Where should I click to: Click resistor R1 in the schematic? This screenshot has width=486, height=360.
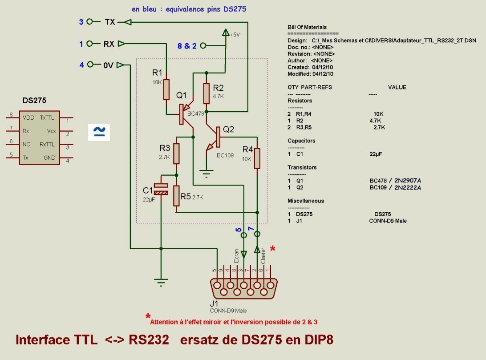tap(166, 89)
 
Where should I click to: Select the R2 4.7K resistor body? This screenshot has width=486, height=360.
tap(207, 93)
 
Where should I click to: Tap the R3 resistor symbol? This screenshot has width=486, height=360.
tap(176, 154)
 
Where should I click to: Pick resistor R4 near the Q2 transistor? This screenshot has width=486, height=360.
tap(257, 158)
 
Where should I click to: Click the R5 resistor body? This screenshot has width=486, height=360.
tap(176, 196)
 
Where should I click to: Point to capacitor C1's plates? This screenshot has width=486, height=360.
tap(161, 189)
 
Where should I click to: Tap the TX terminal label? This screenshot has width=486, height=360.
tap(110, 22)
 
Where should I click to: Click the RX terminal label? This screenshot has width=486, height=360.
tap(109, 44)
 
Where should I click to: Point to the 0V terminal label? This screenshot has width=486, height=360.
tap(108, 65)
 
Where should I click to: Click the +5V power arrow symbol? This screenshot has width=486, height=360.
tap(226, 32)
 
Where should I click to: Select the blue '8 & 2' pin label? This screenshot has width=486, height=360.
tap(187, 46)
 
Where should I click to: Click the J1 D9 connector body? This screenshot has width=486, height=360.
tap(243, 288)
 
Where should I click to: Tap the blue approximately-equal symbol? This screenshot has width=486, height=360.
tap(99, 132)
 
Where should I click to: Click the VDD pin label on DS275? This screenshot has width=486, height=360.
tap(28, 118)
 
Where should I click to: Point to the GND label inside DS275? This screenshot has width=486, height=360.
tap(49, 158)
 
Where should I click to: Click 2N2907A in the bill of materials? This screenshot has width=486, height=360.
tap(408, 180)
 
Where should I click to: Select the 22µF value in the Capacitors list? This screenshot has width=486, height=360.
tap(376, 154)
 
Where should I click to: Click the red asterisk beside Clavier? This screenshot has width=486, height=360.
tap(273, 248)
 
